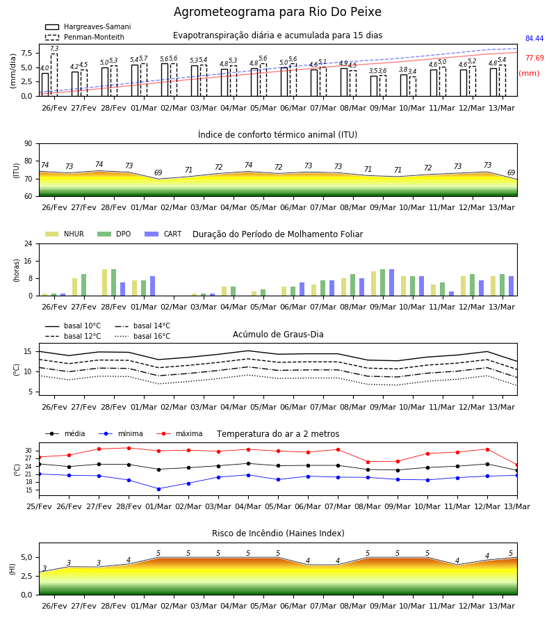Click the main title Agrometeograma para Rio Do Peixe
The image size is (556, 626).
tap(277, 12)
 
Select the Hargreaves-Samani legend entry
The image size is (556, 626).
tap(88, 26)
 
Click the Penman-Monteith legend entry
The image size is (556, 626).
tap(85, 37)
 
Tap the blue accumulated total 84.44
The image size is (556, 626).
tap(534, 38)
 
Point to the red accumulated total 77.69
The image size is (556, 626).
tap(534, 58)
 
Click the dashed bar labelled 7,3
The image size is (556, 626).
tap(54, 75)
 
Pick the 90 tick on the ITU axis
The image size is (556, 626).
tap(28, 144)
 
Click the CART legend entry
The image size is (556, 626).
tap(163, 234)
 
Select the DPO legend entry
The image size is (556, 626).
tap(114, 234)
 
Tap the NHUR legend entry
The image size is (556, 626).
tap(65, 234)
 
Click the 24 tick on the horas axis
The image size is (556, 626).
tap(28, 243)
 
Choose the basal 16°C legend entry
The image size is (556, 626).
tap(142, 336)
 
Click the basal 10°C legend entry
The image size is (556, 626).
tap(73, 326)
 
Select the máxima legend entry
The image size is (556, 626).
tap(179, 433)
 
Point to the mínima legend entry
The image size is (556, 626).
tap(121, 433)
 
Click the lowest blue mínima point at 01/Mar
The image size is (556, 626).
tap(158, 489)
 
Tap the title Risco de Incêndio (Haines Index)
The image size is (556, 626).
tap(278, 533)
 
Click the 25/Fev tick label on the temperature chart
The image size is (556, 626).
tap(39, 506)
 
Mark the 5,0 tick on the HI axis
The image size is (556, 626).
tap(26, 558)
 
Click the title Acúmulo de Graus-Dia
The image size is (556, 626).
tap(278, 335)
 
